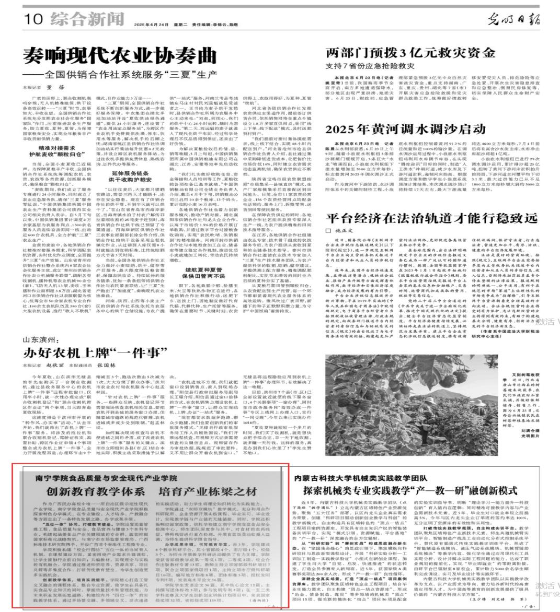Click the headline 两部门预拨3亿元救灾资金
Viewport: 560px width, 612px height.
(x=410, y=53)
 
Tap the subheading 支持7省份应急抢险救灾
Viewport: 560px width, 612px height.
(x=370, y=66)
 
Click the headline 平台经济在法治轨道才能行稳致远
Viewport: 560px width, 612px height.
(x=424, y=218)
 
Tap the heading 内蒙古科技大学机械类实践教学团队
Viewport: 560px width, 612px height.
(x=361, y=477)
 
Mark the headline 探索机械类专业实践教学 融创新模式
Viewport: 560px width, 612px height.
(x=410, y=491)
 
